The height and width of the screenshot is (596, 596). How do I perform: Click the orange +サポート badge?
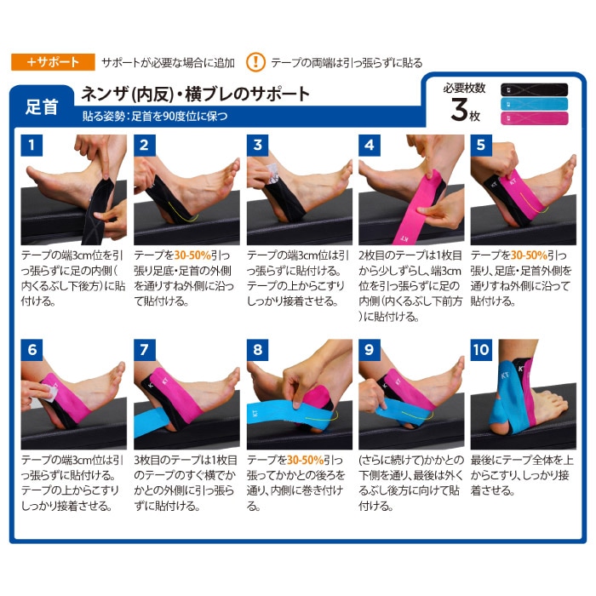point(53,62)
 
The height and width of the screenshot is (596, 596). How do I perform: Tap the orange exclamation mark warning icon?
point(255,62)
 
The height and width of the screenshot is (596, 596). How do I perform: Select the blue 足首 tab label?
point(42,106)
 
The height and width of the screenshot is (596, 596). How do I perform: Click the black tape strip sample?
point(534,89)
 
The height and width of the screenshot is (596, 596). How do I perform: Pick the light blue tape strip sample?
point(534,104)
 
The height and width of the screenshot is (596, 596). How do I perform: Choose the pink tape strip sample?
point(534,118)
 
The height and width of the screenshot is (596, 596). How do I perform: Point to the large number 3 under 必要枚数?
point(459,110)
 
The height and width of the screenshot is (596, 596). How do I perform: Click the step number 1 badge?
point(32,146)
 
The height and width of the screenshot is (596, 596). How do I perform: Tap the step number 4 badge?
point(369,146)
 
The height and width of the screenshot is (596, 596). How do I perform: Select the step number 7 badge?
point(145,350)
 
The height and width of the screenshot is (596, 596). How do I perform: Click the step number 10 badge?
point(481,350)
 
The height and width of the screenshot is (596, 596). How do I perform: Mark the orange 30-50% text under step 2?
point(192,255)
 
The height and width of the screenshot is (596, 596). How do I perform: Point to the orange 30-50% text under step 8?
point(305,460)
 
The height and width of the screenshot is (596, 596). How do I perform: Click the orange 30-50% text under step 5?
point(529,255)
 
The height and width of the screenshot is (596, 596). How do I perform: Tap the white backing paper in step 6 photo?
point(49,392)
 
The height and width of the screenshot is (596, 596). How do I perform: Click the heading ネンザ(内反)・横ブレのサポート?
point(195,94)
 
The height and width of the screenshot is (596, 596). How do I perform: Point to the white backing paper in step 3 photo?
point(273,174)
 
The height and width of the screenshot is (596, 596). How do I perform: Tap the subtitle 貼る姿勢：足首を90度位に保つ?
point(155,116)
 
